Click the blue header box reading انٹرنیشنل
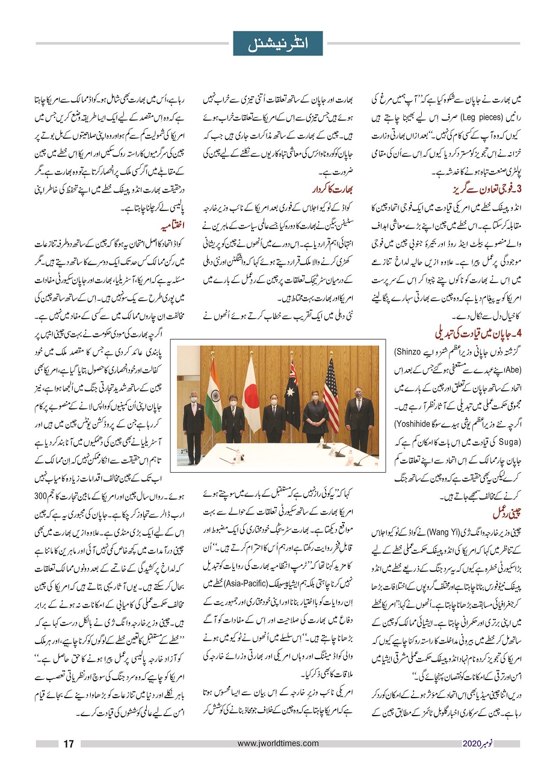coord(277,44)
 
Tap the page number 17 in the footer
coord(69,744)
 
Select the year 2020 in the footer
coord(471,744)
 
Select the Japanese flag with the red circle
coord(250,391)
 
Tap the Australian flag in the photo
coord(292,391)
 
